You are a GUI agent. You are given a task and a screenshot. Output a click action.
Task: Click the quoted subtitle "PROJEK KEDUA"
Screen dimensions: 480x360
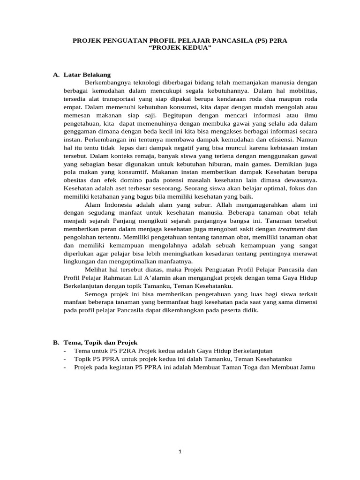(180, 48)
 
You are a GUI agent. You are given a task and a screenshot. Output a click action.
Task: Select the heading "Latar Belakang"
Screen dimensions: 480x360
(86, 75)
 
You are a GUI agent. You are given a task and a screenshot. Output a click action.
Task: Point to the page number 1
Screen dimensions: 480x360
(180, 452)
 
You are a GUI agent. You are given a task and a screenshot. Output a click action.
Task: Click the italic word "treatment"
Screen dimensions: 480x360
(292, 229)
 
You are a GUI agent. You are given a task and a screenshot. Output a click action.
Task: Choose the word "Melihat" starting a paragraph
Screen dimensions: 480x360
(96, 270)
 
